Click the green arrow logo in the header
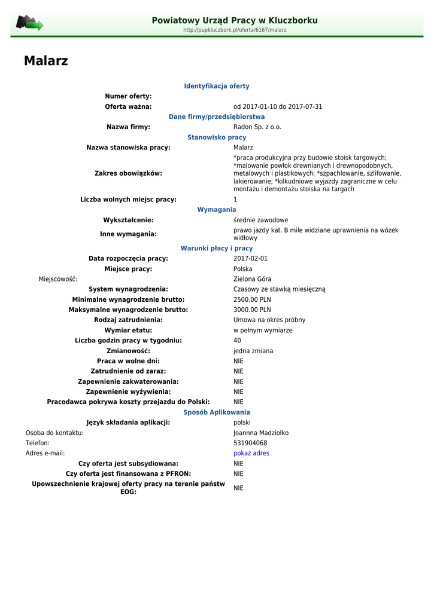29,23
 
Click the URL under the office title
235,30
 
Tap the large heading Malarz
46,61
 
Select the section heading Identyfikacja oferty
217,86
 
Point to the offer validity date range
278,107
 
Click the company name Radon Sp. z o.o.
257,127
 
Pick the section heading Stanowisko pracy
217,137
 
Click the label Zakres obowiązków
128,173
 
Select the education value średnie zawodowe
260,221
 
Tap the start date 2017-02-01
250,259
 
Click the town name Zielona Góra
252,279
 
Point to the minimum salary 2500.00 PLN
252,299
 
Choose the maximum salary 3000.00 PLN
252,310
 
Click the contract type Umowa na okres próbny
269,320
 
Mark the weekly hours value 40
237,341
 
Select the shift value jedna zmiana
253,351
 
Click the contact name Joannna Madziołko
261,433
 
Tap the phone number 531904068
250,443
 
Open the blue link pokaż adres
251,453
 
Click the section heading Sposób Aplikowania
217,412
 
